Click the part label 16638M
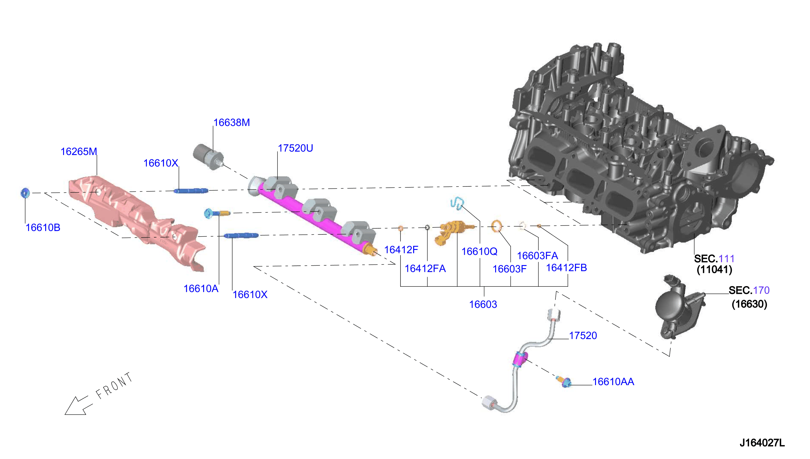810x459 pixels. pyautogui.click(x=231, y=122)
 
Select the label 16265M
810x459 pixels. pyautogui.click(x=79, y=152)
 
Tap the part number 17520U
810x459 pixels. pyautogui.click(x=295, y=148)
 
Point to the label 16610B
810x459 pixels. pyautogui.click(x=43, y=228)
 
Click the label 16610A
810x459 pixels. pyautogui.click(x=201, y=289)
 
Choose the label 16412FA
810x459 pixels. pyautogui.click(x=425, y=268)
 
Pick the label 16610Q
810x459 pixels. pyautogui.click(x=479, y=251)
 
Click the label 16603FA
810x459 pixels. pyautogui.click(x=538, y=256)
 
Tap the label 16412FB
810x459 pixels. pyautogui.click(x=566, y=268)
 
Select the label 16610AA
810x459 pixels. pyautogui.click(x=613, y=382)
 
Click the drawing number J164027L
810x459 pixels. pyautogui.click(x=762, y=443)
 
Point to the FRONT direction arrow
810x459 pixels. pyautogui.click(x=79, y=405)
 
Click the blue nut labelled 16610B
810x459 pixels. pyautogui.click(x=25, y=193)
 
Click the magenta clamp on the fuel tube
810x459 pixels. pyautogui.click(x=520, y=359)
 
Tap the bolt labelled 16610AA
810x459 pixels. pyautogui.click(x=564, y=381)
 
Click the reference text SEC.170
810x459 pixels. pyautogui.click(x=749, y=290)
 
